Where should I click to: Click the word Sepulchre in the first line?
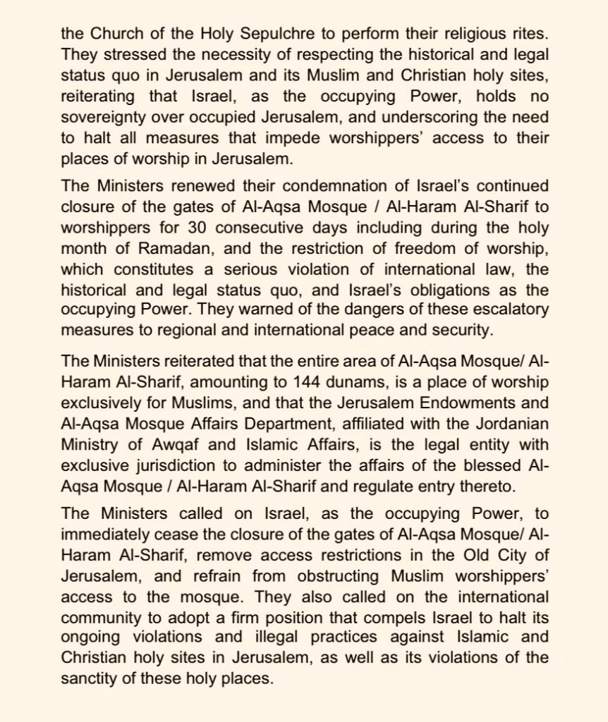click(x=253, y=33)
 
